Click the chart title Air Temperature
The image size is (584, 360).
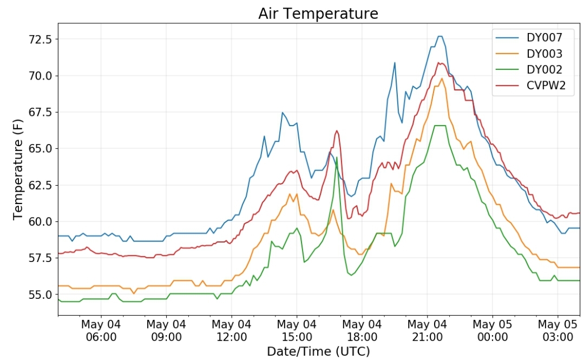(318, 14)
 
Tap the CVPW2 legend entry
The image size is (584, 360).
(530, 86)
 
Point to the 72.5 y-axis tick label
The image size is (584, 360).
(41, 39)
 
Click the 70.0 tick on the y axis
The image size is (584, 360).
(41, 76)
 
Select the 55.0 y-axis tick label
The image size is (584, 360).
(41, 294)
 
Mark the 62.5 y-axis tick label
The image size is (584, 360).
(41, 185)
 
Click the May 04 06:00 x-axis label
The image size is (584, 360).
(101, 331)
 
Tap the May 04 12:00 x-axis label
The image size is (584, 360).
(231, 331)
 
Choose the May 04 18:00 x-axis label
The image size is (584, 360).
(362, 331)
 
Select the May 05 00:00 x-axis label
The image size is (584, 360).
(493, 331)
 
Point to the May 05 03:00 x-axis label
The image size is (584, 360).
(557, 331)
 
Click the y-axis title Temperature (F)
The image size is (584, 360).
(17, 169)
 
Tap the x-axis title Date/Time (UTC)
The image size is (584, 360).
(318, 351)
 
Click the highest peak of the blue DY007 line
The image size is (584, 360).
(440, 36)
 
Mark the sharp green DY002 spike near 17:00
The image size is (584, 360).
(337, 157)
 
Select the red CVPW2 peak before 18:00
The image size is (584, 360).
(337, 130)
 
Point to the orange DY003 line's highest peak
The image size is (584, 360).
(442, 78)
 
